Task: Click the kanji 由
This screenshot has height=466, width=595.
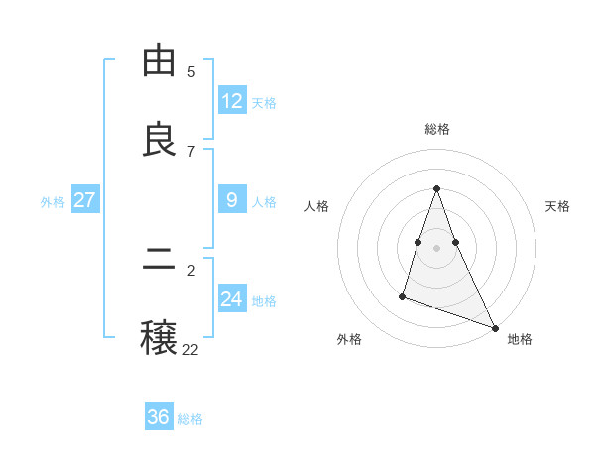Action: (x=159, y=61)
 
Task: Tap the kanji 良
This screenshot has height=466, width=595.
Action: (x=159, y=141)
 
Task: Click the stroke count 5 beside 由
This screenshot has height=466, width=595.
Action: (x=191, y=71)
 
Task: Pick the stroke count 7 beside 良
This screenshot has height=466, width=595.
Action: (x=191, y=151)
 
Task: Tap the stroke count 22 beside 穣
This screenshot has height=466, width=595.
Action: (x=190, y=349)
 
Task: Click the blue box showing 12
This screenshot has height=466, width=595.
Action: (x=232, y=101)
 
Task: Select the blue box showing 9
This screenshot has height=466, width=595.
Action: (x=232, y=200)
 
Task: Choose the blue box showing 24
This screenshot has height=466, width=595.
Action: (x=232, y=299)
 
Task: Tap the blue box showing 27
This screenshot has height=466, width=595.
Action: (x=85, y=200)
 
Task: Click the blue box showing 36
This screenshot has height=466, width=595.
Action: (x=159, y=417)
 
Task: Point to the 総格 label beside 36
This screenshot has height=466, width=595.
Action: (x=190, y=419)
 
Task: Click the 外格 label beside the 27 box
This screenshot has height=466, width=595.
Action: (x=53, y=202)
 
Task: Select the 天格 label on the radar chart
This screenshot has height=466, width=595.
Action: (x=557, y=206)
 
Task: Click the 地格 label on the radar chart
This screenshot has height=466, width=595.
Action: (x=520, y=339)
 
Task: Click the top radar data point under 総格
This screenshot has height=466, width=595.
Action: (x=436, y=188)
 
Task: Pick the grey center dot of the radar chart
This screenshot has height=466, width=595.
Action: (x=436, y=247)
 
